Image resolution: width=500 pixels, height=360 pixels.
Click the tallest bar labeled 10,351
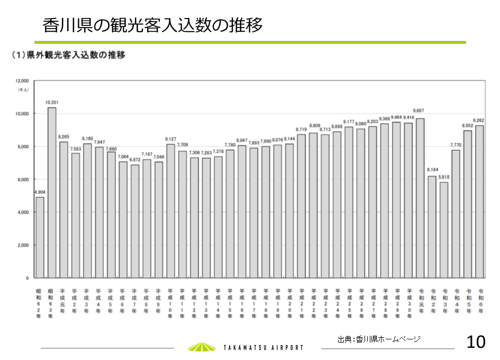pos(52,192)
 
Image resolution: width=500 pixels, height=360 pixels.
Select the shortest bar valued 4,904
pos(40,237)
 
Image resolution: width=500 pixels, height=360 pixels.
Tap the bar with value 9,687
pos(420,198)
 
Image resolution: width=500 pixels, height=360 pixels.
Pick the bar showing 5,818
pos(444,230)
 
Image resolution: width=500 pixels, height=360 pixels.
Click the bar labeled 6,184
pos(432,227)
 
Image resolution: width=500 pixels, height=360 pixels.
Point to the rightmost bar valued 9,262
pos(479,201)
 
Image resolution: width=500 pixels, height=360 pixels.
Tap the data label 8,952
pos(468,126)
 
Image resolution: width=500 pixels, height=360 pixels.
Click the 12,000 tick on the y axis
pos(22,81)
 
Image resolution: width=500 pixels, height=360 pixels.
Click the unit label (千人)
pos(23,90)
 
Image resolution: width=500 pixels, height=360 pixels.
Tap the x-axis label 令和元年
pos(421,301)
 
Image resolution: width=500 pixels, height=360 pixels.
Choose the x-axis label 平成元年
pos(62,301)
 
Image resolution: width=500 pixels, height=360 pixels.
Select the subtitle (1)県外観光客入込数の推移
pos(69,55)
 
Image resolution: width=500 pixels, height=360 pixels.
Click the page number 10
pos(476,342)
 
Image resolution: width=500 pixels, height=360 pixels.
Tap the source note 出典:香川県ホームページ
pos(379,339)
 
